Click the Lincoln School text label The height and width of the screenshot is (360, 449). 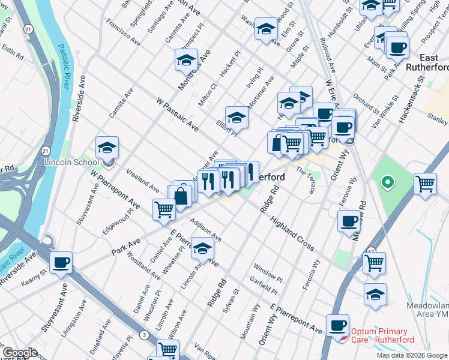71,163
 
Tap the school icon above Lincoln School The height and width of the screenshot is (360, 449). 107,148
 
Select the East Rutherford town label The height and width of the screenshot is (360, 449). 427,62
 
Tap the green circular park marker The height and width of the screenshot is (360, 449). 388,181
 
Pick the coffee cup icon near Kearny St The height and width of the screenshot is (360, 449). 61,262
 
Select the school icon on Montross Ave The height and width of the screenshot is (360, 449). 186,60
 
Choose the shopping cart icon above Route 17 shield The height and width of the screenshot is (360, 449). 374,262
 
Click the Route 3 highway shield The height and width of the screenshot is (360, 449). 144,334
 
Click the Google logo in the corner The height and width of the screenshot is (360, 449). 20,353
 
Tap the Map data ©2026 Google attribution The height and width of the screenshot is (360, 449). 412,355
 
